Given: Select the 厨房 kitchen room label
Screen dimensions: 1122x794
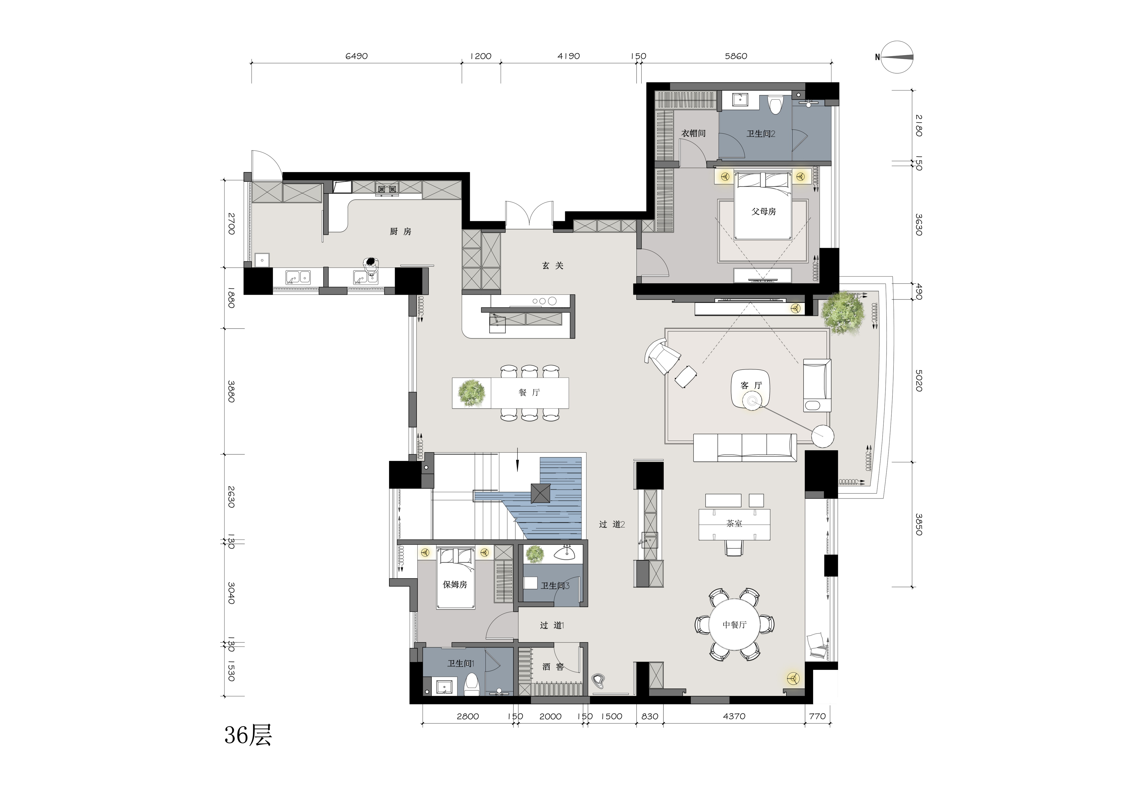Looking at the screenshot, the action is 401,231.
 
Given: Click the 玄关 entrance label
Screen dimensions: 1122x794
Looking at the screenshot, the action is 553,265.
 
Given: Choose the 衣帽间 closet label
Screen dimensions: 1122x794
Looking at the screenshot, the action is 693,133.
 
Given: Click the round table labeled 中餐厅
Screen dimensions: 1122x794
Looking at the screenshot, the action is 735,625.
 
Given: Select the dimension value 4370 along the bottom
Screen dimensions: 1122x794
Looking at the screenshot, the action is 734,716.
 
